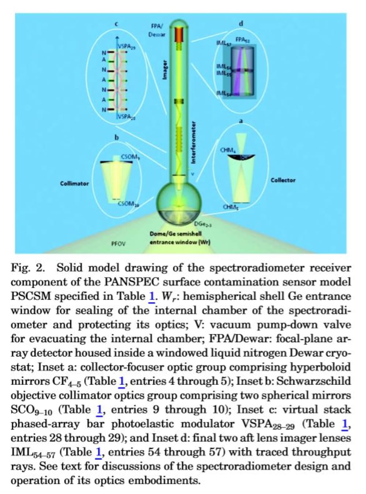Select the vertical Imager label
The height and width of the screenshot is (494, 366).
point(165,70)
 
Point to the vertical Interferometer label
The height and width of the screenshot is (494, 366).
point(194,142)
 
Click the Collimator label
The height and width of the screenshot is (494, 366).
point(74,183)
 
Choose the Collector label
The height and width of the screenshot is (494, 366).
point(283,180)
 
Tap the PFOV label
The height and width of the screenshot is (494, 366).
point(118,243)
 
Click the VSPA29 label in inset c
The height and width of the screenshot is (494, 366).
point(126,47)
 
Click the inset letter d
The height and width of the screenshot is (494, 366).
point(240,23)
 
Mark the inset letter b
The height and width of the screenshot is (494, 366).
point(117,138)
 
